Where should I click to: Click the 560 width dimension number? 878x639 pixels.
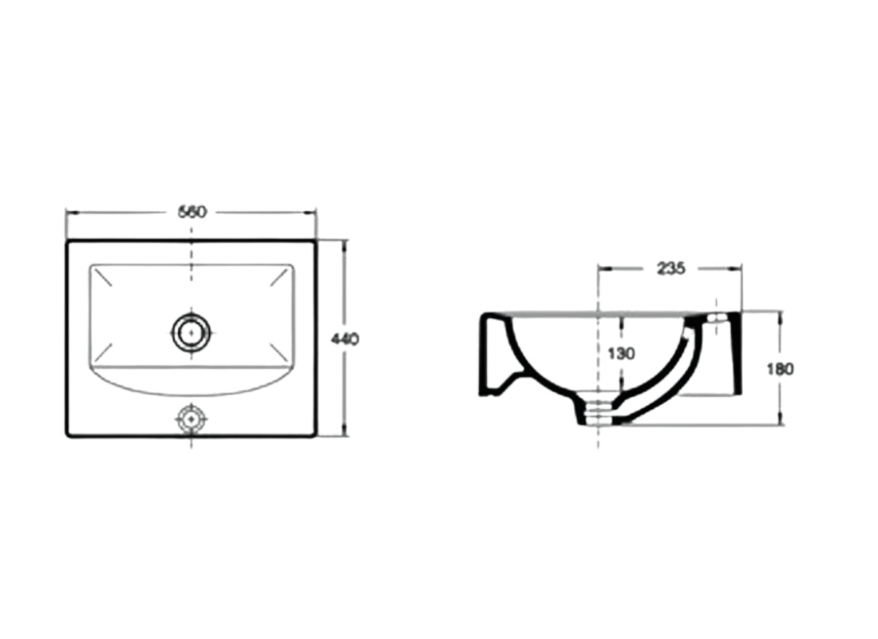(x=192, y=212)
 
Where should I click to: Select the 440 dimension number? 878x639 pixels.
(x=345, y=339)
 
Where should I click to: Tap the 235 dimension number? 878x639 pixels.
(x=670, y=268)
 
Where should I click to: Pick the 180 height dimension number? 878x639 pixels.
(x=780, y=368)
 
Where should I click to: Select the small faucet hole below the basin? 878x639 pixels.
(x=192, y=418)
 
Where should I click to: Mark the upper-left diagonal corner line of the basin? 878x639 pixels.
(x=102, y=279)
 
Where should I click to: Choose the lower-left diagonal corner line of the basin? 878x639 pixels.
(x=102, y=352)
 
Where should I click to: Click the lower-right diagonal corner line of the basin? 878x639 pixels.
(x=280, y=352)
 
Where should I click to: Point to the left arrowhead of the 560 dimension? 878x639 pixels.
(x=70, y=212)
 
